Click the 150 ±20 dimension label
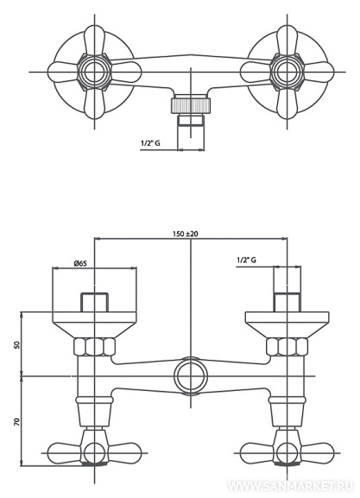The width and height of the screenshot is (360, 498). pyautogui.click(x=186, y=234)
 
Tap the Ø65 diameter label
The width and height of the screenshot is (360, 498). pyautogui.click(x=80, y=263)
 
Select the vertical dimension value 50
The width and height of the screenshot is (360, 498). pyautogui.click(x=17, y=344)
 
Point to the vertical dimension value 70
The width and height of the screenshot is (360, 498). pyautogui.click(x=17, y=422)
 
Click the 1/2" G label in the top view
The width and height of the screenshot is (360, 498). pyautogui.click(x=150, y=143)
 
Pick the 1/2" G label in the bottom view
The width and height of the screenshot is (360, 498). pyautogui.click(x=247, y=260)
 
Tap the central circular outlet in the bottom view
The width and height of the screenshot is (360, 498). pyautogui.click(x=191, y=376)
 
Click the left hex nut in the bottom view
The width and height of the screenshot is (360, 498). pyautogui.click(x=94, y=347)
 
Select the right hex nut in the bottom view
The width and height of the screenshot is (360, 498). pyautogui.click(x=287, y=347)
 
